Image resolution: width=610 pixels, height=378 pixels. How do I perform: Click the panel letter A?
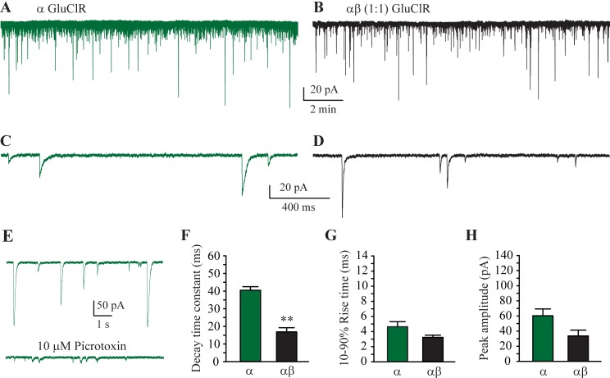(x=7, y=8)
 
